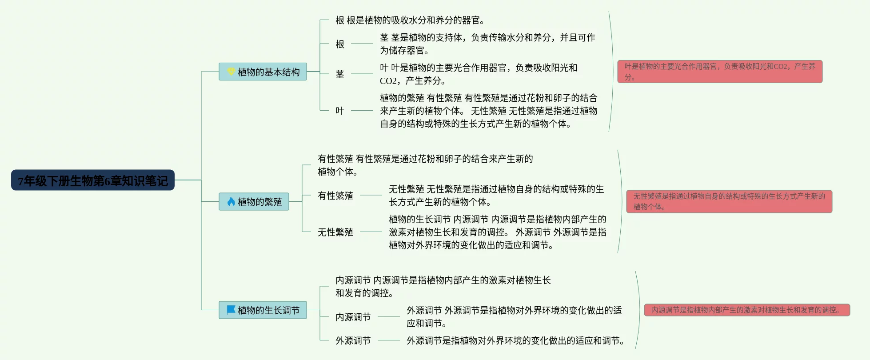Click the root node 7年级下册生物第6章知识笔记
tap(92, 180)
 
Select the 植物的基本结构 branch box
tap(263, 72)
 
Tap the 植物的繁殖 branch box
tap(254, 202)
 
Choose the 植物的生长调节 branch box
tap(263, 310)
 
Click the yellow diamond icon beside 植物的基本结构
tap(231, 71)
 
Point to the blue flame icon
tap(231, 202)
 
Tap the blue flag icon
tap(231, 309)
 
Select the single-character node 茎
tap(340, 74)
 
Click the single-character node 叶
tap(340, 111)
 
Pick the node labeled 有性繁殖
tap(335, 196)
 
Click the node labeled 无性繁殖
tap(335, 232)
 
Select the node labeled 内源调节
tap(353, 317)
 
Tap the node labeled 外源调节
tap(353, 340)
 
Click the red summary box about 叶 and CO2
tap(720, 72)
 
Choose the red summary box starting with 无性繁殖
tap(729, 201)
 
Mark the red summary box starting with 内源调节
tap(747, 310)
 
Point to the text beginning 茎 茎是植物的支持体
tap(487, 44)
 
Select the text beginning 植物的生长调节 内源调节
tap(498, 232)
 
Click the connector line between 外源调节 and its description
tap(389, 340)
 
